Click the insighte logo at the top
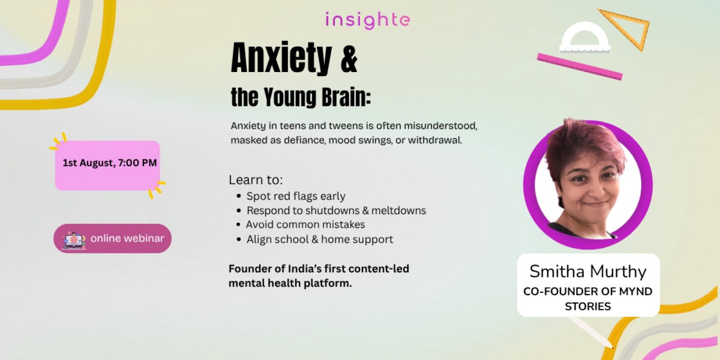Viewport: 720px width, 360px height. (368, 21)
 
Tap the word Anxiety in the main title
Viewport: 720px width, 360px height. (281, 58)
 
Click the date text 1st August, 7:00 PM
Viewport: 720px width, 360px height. (110, 163)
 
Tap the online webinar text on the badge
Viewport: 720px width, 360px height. (128, 238)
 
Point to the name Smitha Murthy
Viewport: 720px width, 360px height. (588, 272)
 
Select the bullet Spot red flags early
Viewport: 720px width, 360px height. (296, 196)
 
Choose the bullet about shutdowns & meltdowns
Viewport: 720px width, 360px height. (336, 210)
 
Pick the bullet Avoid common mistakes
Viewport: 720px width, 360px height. (305, 224)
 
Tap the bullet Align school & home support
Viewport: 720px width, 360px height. (320, 239)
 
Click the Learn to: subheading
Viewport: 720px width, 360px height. (256, 179)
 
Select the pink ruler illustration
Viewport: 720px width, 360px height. (580, 66)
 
